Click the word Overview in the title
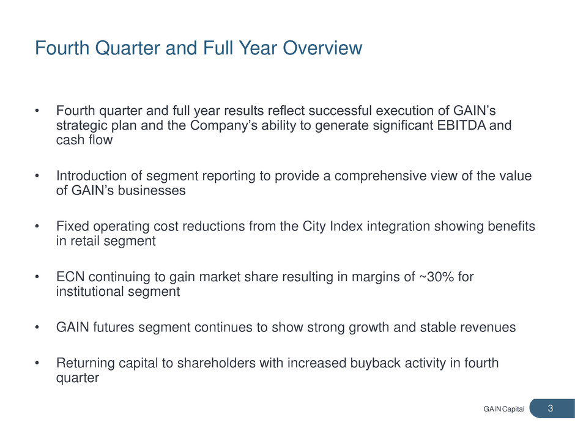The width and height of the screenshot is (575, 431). coord(322,48)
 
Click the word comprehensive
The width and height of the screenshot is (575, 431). coord(380,176)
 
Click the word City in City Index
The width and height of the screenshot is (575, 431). coord(314,226)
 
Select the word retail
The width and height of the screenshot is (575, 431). coord(82,241)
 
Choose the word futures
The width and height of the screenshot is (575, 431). coord(113,327)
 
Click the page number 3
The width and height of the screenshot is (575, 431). coord(550,408)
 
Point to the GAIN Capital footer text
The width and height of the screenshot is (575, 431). coord(504,409)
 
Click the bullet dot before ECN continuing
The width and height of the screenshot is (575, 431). coord(37,278)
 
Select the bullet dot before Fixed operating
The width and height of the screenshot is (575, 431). coord(37,227)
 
